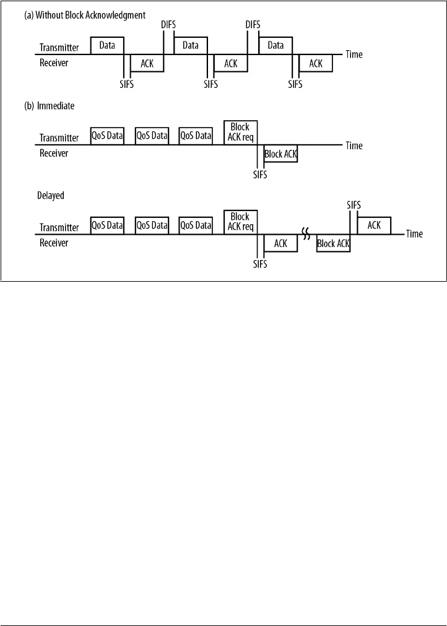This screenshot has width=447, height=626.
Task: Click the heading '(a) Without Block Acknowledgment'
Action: click(84, 14)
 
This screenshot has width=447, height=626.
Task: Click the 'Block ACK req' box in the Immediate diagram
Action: click(240, 132)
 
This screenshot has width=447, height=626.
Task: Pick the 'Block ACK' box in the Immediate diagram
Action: click(280, 154)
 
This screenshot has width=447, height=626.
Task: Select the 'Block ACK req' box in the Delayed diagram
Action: click(240, 221)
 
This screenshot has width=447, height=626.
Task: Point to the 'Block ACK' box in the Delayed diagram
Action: click(333, 243)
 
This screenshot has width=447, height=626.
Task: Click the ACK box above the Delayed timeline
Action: click(374, 225)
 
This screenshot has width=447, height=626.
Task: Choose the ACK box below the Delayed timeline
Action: click(280, 243)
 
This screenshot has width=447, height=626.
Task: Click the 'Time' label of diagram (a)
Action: click(354, 54)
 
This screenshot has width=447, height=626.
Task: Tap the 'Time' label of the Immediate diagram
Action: click(354, 146)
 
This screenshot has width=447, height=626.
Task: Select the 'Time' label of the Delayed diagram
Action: click(414, 234)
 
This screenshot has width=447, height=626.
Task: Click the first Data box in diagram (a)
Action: click(107, 45)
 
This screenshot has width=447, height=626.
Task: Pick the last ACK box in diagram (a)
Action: click(316, 63)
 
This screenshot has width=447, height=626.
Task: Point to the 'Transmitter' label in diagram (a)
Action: click(59, 48)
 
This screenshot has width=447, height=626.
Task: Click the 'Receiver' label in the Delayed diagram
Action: click(54, 243)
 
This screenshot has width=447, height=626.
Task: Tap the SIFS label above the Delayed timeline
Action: click(352, 205)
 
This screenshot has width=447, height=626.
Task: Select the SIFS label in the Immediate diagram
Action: click(260, 175)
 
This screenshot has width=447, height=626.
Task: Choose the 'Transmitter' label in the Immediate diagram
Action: click(59, 138)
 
